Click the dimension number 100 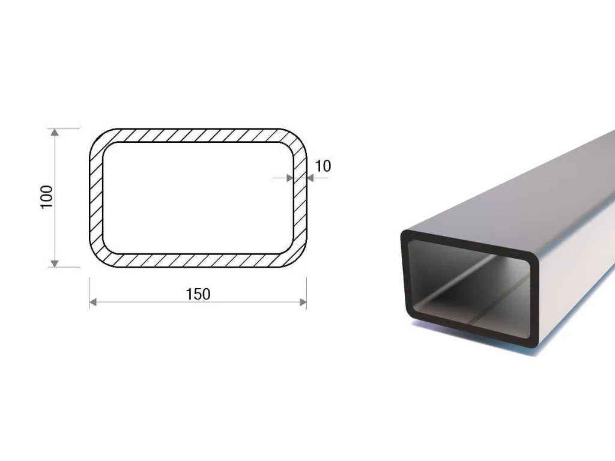(47, 197)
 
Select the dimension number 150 (198, 294)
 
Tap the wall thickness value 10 (323, 166)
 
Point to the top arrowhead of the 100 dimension (55, 132)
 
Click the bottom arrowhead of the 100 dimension (55, 264)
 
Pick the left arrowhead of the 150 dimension (93, 302)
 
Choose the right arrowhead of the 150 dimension (303, 302)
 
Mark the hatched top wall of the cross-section (198, 135)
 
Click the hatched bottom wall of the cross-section (198, 261)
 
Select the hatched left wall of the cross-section (96, 198)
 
